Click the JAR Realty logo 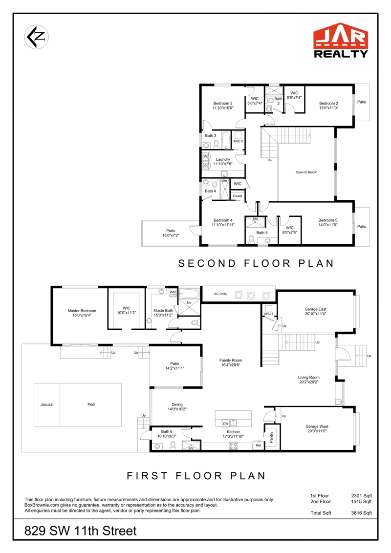click(341, 40)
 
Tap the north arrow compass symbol click(36, 37)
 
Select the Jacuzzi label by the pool click(47, 404)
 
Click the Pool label click(91, 404)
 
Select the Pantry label click(271, 437)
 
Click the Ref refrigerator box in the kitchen click(259, 446)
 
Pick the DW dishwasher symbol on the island click(226, 423)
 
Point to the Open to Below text click(306, 172)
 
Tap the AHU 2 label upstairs click(238, 141)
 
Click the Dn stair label click(270, 160)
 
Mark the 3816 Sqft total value click(361, 513)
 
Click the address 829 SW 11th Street click(81, 531)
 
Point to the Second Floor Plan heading click(256, 263)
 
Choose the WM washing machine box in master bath click(173, 292)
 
